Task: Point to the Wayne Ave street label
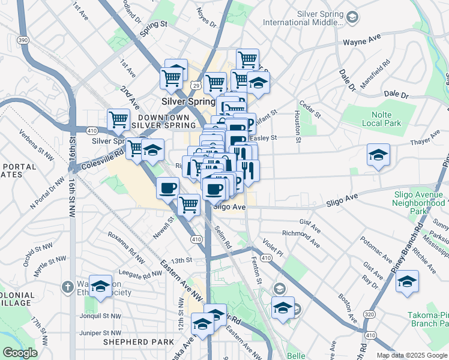pyautogui.click(x=362, y=43)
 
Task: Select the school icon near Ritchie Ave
pyautogui.click(x=408, y=280)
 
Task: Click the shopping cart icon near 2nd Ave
pyautogui.click(x=119, y=118)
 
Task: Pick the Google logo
pyautogui.click(x=20, y=353)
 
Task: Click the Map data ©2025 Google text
pyautogui.click(x=412, y=355)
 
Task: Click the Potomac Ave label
pyautogui.click(x=372, y=248)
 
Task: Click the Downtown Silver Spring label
pyautogui.click(x=164, y=121)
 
